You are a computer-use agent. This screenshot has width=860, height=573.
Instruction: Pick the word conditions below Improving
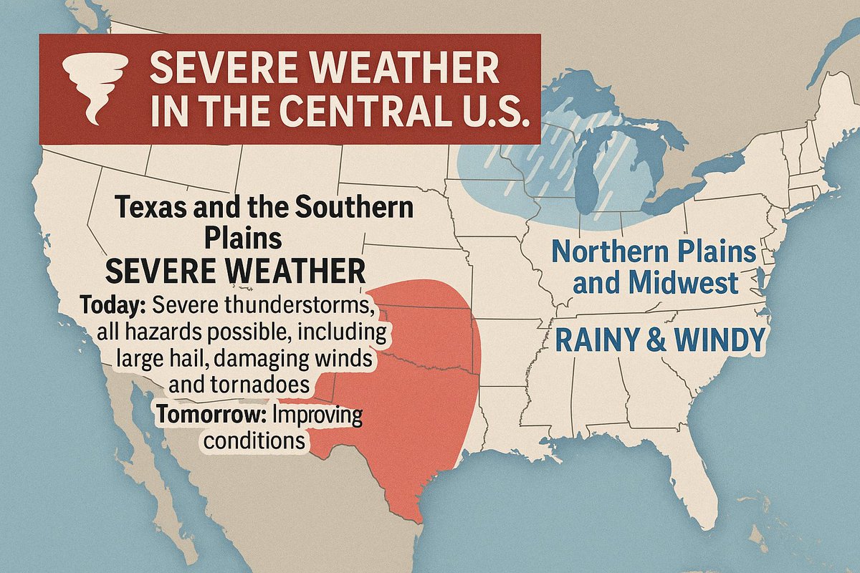(x=254, y=439)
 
